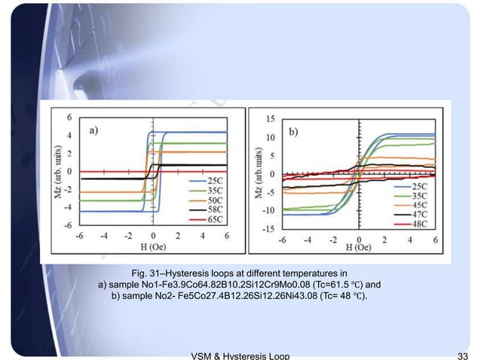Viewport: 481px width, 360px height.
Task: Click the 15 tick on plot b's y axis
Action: tap(270, 118)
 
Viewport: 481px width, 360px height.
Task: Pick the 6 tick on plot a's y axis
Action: tap(70, 117)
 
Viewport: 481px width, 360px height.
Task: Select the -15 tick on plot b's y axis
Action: tap(268, 229)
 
